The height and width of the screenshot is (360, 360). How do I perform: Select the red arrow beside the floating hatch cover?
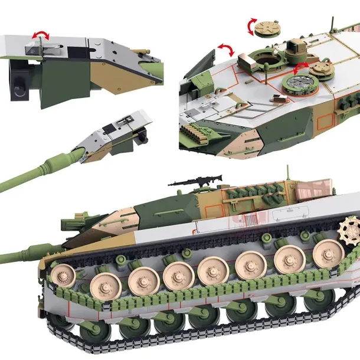click(252, 27)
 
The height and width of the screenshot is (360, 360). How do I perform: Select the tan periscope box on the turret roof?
click(295, 46)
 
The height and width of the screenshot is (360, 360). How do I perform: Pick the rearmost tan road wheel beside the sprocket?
click(328, 253)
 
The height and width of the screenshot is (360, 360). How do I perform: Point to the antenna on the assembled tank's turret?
click(288, 174)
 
